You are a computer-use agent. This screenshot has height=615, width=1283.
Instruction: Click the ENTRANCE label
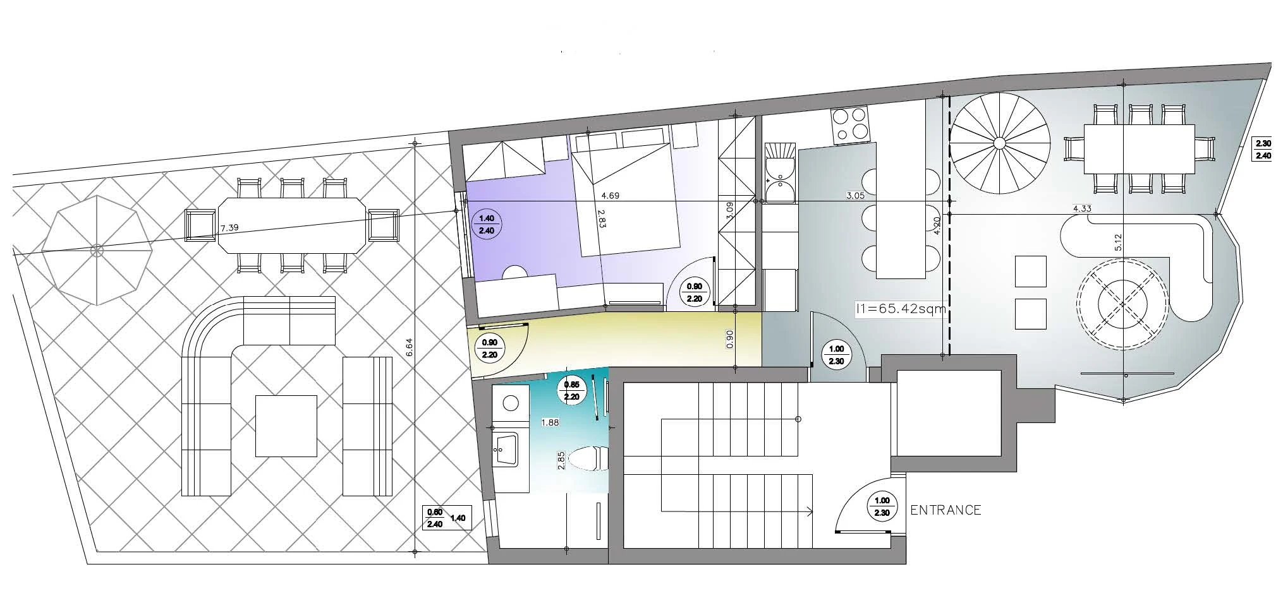click(x=946, y=510)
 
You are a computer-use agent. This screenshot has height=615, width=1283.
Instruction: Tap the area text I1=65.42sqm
click(x=901, y=309)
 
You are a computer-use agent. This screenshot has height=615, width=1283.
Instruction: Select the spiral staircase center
click(x=999, y=143)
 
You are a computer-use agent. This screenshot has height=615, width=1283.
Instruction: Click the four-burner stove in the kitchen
click(x=851, y=124)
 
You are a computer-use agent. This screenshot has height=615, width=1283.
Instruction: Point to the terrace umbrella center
click(x=97, y=251)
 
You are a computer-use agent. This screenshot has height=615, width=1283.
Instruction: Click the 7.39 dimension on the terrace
click(x=229, y=227)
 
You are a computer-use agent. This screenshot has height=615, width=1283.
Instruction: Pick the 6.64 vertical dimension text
click(x=408, y=349)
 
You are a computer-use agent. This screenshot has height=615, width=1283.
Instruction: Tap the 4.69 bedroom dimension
click(x=610, y=196)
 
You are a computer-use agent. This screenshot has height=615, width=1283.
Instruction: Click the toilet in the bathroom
click(x=588, y=459)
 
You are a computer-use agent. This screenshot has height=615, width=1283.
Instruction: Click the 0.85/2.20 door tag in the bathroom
click(x=571, y=390)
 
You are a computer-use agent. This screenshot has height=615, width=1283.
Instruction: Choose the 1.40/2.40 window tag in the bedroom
click(x=487, y=224)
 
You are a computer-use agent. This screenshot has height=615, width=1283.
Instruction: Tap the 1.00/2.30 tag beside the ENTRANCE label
click(x=882, y=506)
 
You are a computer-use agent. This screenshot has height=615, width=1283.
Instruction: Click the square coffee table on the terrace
click(x=286, y=426)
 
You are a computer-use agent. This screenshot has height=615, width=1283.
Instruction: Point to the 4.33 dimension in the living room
click(x=1083, y=208)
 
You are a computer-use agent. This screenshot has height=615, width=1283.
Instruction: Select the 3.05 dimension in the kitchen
click(x=856, y=196)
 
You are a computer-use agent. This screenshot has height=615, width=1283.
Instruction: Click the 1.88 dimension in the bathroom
click(x=550, y=422)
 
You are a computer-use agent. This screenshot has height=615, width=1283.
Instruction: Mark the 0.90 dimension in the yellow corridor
click(x=730, y=340)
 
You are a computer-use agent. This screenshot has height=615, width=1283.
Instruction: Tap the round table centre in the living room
click(x=1122, y=304)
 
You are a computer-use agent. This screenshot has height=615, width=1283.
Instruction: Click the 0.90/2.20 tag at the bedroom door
click(x=694, y=292)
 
